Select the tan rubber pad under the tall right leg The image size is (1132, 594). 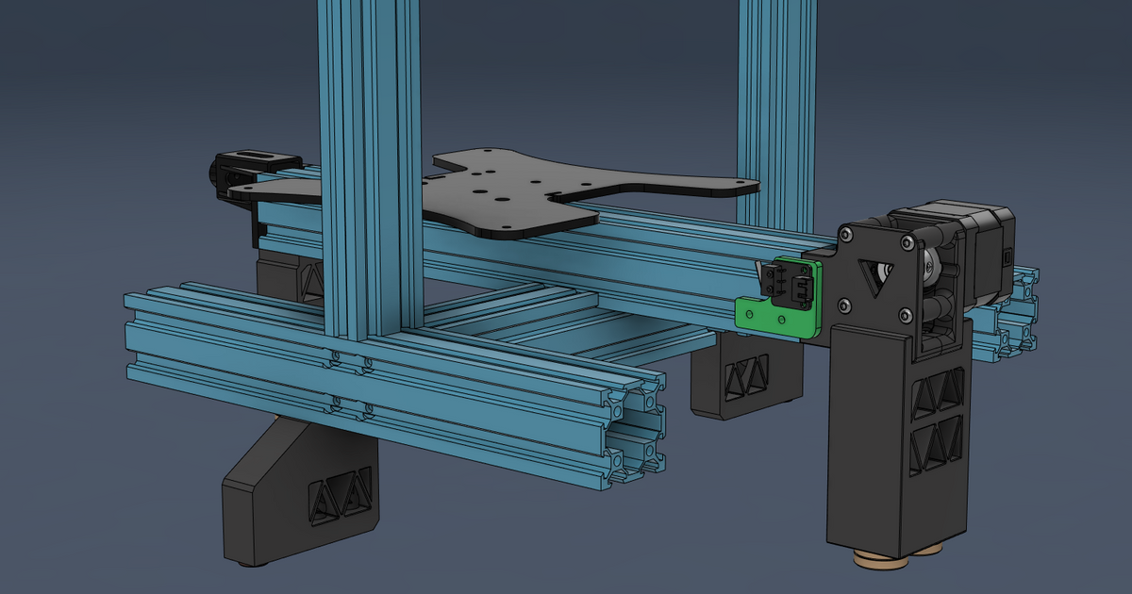point(882,562)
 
